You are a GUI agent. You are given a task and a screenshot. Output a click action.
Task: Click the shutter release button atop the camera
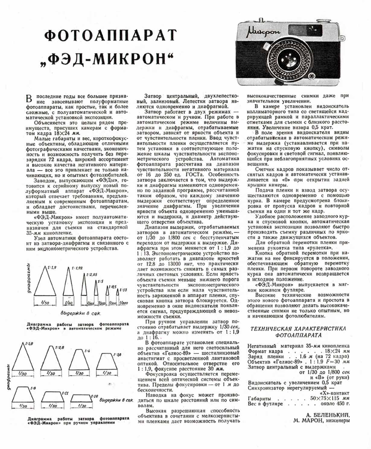261,20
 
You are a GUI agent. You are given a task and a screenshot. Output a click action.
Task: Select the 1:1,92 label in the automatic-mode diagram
77,268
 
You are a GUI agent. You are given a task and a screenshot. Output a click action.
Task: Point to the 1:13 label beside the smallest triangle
123,290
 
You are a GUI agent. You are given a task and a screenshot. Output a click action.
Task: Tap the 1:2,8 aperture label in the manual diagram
60,347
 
